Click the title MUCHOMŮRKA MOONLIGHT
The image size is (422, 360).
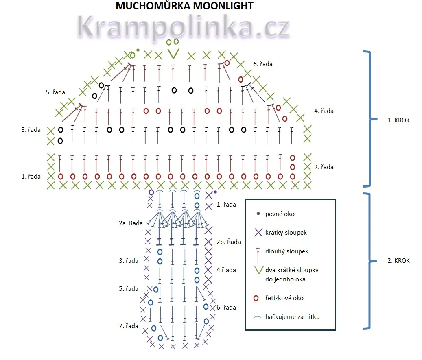pyautogui.click(x=184, y=6)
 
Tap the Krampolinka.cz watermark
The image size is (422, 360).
pyautogui.click(x=182, y=27)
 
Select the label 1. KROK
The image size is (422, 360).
pyautogui.click(x=398, y=120)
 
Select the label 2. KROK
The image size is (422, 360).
pyautogui.click(x=398, y=261)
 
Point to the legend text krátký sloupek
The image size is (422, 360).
pyautogui.click(x=286, y=233)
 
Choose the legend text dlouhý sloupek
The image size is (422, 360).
pyautogui.click(x=286, y=251)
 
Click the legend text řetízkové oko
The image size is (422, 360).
pyautogui.click(x=284, y=298)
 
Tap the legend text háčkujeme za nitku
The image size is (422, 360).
pyautogui.click(x=292, y=316)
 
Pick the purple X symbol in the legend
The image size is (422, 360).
pyautogui.click(x=258, y=233)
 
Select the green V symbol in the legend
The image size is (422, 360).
pyautogui.click(x=258, y=270)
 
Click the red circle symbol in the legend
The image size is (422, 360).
pyautogui.click(x=256, y=298)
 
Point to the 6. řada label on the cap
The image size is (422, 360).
pyautogui.click(x=262, y=64)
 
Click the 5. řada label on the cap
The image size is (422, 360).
pyautogui.click(x=55, y=92)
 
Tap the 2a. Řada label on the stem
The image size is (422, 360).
pyautogui.click(x=131, y=223)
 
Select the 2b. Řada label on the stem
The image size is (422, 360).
pyautogui.click(x=227, y=242)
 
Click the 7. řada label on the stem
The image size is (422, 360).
pyautogui.click(x=129, y=326)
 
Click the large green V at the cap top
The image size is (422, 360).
pyautogui.click(x=174, y=53)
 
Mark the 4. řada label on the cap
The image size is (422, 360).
pyautogui.click(x=324, y=111)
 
